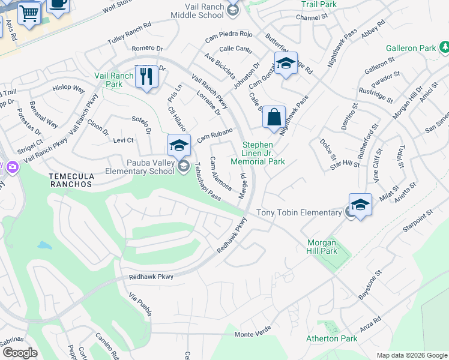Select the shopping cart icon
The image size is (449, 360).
pos(29,13)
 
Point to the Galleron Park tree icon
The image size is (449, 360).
pos(444,47)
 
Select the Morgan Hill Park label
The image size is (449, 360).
pos(324,247)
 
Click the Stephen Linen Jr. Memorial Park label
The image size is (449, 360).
pos(264,153)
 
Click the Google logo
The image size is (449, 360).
pos(20,353)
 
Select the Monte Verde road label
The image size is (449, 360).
pos(254,334)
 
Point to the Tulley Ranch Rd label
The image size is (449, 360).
pos(129,33)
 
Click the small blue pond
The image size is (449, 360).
pos(44,245)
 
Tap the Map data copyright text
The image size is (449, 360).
pos(411,355)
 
